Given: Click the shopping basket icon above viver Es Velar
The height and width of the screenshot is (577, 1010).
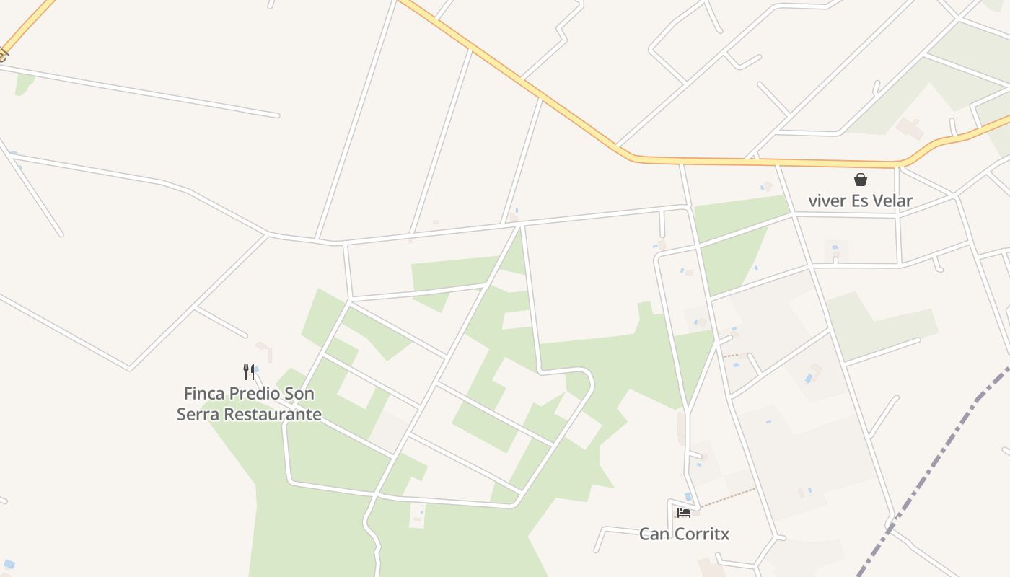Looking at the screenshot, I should [860, 180].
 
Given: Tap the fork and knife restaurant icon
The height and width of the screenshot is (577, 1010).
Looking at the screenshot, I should [249, 372].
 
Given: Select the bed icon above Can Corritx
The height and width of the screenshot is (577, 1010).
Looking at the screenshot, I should [684, 513].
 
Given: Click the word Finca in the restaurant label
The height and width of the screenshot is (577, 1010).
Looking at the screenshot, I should [203, 394].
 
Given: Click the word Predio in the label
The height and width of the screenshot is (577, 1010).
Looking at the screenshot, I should [253, 394].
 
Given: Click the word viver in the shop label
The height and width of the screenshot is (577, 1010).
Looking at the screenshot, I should [827, 201].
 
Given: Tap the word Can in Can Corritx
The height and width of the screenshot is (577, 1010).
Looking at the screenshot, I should [653, 534].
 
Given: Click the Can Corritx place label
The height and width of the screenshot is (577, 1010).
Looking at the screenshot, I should [684, 534].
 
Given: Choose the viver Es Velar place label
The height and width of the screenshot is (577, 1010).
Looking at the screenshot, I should [860, 201].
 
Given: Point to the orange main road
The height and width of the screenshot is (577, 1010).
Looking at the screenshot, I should [757, 162].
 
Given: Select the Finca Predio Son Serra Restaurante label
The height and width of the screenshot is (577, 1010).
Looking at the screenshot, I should [249, 404].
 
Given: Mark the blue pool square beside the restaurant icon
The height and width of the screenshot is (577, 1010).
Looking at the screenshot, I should [256, 369].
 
